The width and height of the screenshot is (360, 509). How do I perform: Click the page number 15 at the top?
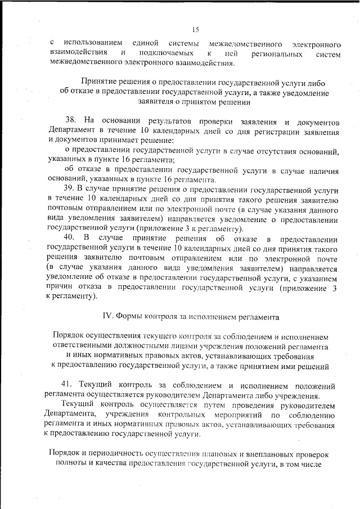pyautogui.click(x=195, y=30)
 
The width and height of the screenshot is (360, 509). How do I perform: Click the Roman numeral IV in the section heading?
pyautogui.click(x=107, y=316)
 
